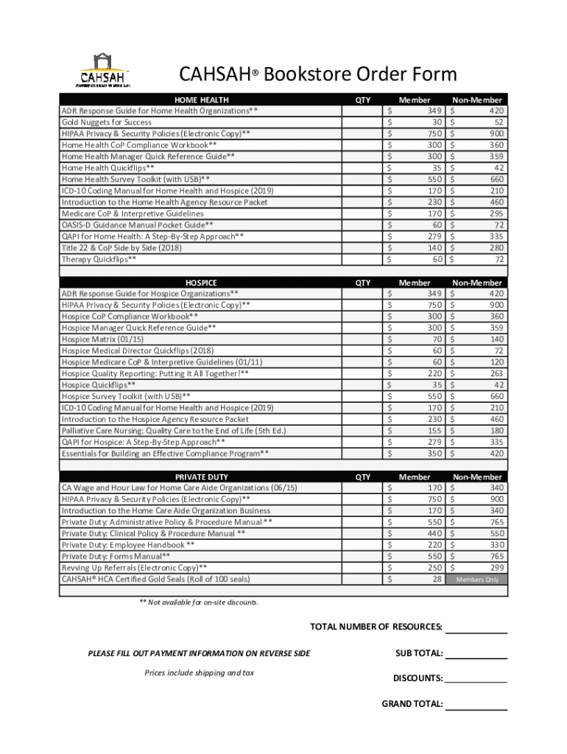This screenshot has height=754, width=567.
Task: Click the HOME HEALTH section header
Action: (201, 99)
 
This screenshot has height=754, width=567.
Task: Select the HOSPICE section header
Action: (201, 282)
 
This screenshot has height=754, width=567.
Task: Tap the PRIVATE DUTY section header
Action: (201, 476)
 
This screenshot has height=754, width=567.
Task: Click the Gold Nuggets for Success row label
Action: (107, 122)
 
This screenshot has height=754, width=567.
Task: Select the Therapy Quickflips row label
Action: (99, 259)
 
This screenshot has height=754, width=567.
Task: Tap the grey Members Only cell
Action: (477, 579)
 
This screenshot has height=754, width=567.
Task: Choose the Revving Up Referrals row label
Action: (134, 568)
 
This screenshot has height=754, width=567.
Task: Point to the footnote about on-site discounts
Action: (199, 602)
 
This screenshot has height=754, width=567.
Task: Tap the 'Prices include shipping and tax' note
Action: (199, 672)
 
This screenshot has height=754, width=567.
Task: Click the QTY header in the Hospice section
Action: (363, 282)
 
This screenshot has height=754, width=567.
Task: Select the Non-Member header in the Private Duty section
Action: (477, 476)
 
